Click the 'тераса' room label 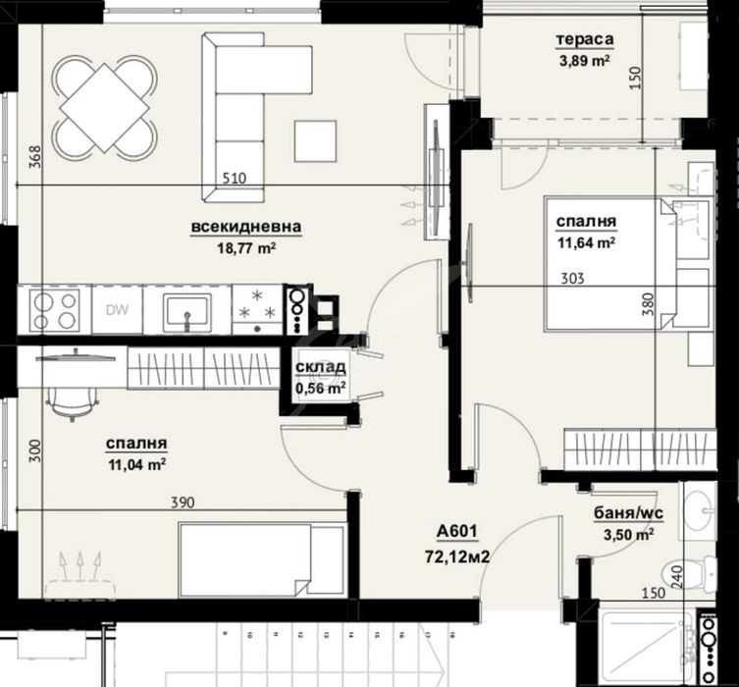pos(584,40)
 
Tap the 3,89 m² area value pos(585,59)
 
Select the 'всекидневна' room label pos(245,228)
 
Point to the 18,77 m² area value pos(245,248)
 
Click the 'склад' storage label pos(320,368)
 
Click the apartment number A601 pos(456,533)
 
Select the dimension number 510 pos(234,179)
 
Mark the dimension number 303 pos(572,279)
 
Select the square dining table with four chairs pos(103,103)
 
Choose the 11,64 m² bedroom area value pos(586,241)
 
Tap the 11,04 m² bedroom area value pos(135,461)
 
